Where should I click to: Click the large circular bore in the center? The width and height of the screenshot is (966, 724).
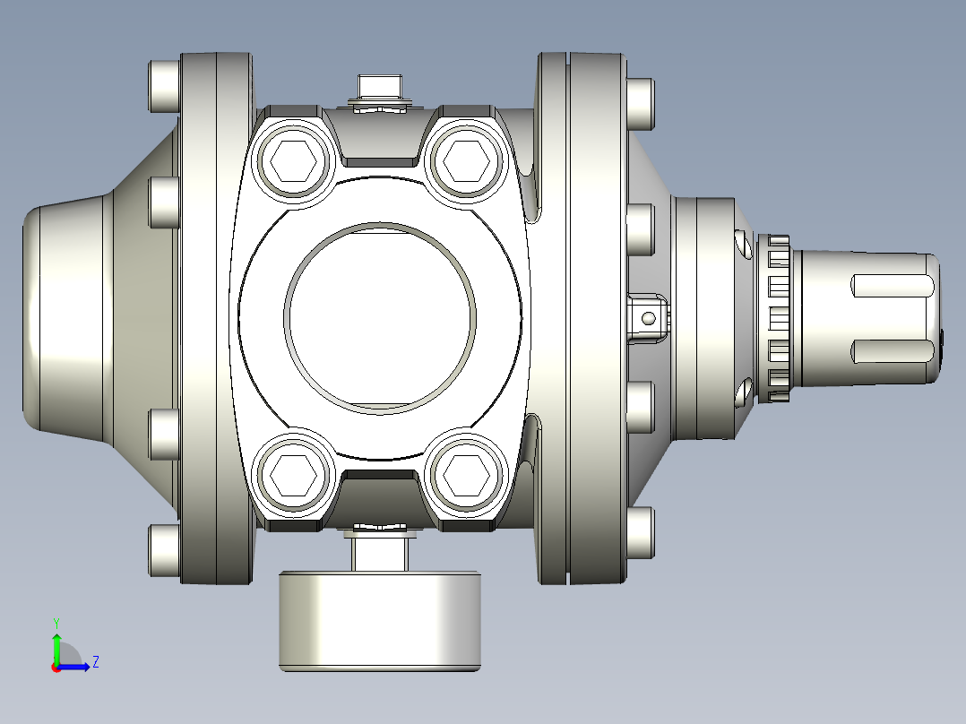(380, 318)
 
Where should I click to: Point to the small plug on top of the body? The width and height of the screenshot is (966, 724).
(381, 89)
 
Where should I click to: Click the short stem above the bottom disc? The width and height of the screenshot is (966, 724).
(381, 553)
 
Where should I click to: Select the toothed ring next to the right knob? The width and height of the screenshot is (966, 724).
(777, 318)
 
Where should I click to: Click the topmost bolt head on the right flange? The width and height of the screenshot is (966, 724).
(640, 103)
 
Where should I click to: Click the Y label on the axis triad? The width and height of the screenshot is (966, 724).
(56, 622)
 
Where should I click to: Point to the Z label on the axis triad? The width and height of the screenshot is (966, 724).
(95, 662)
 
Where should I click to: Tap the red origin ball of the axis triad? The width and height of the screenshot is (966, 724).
(56, 667)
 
